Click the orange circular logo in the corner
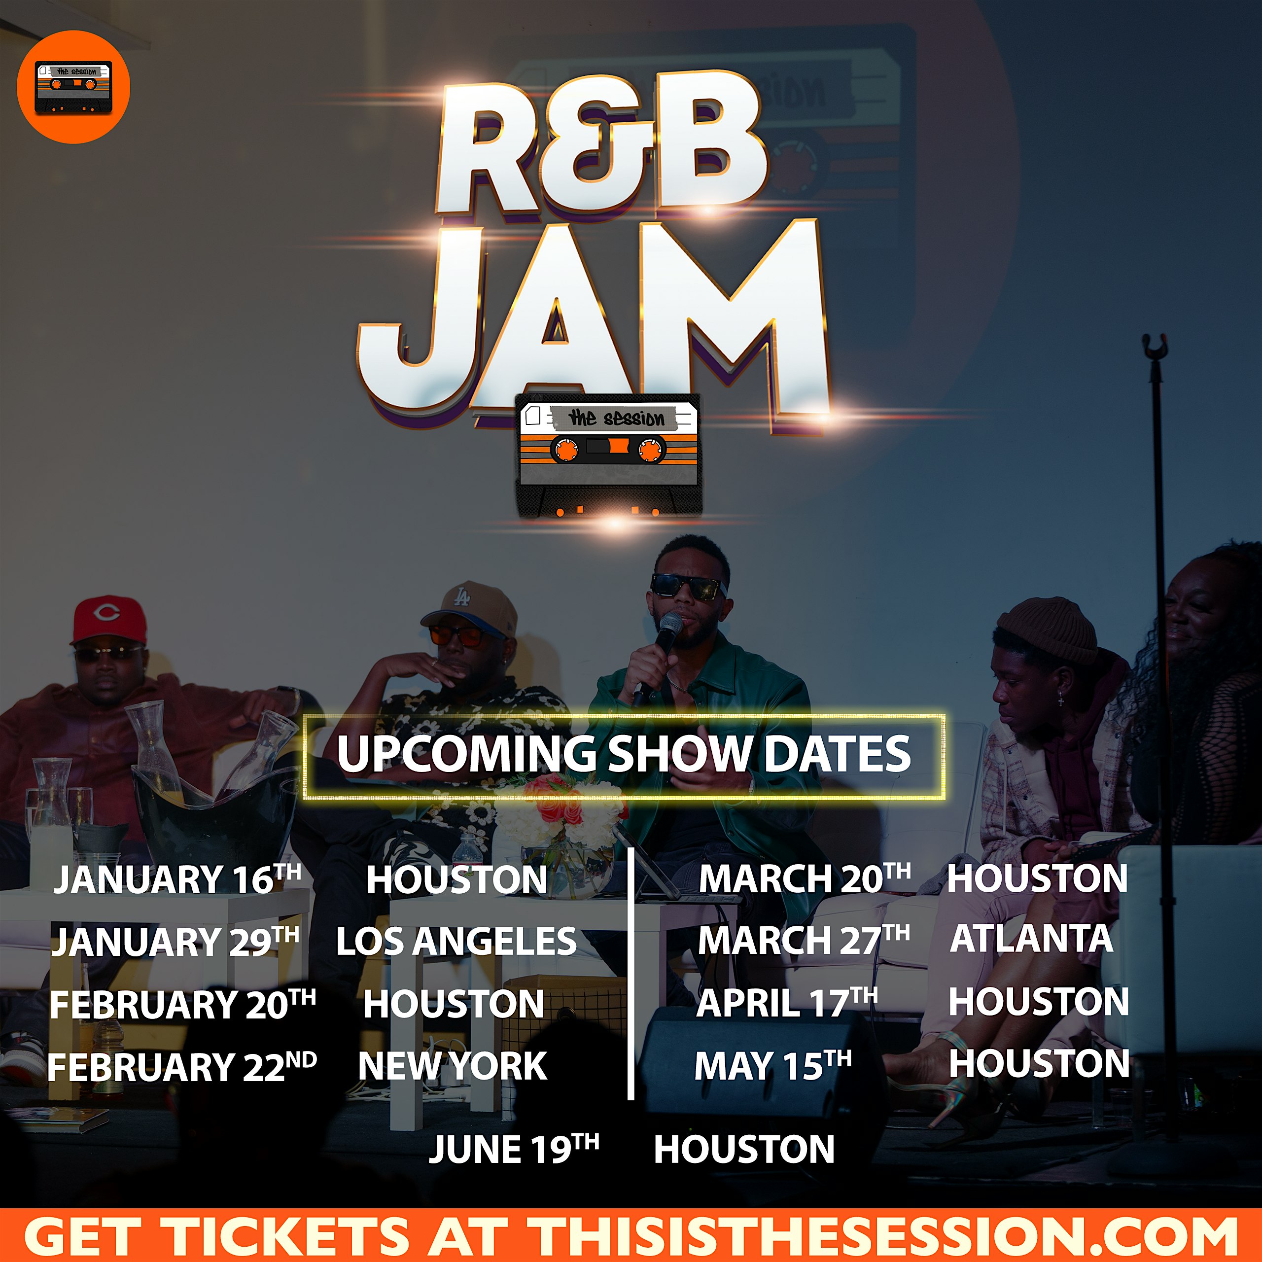click(x=73, y=87)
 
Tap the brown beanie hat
click(x=1047, y=629)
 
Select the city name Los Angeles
click(x=456, y=941)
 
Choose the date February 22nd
click(x=181, y=1067)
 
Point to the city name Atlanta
click(x=1031, y=939)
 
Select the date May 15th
click(x=773, y=1065)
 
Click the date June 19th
click(x=513, y=1149)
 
